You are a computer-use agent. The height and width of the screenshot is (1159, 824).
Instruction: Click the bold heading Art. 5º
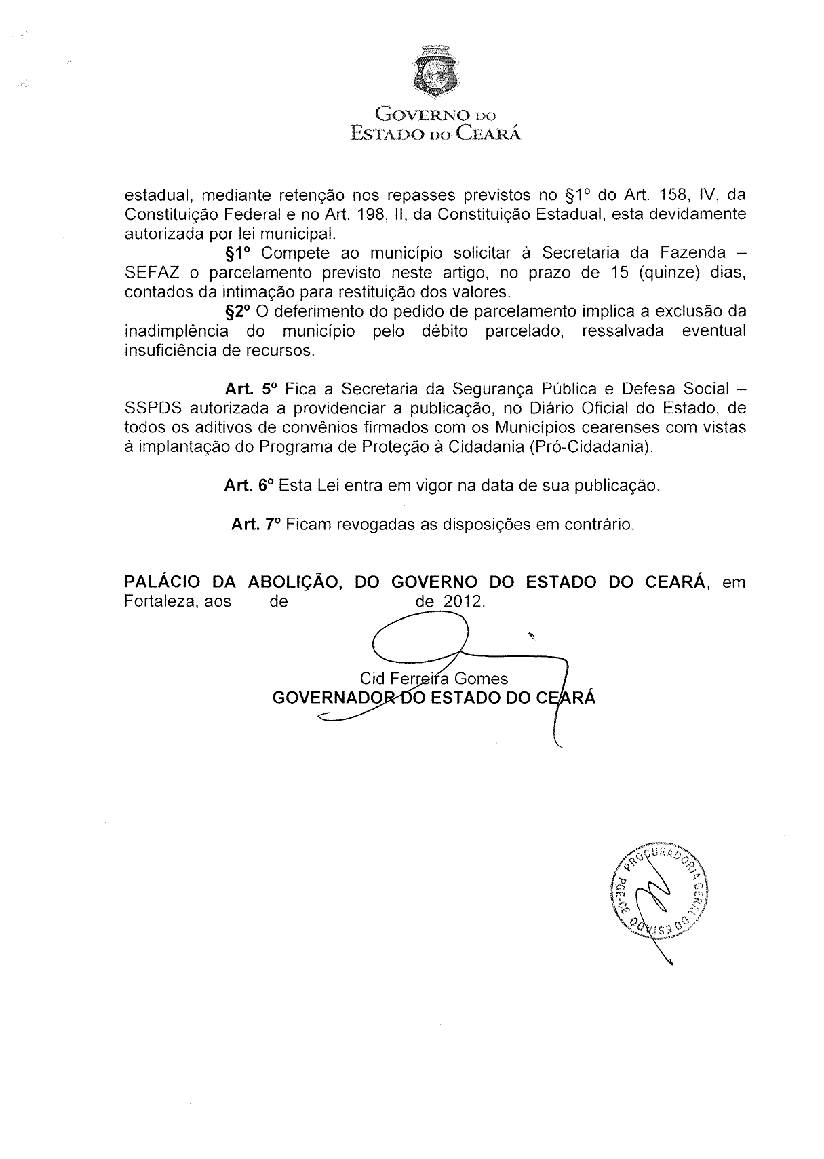(x=251, y=389)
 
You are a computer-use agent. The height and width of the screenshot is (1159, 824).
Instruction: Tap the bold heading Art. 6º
(x=248, y=486)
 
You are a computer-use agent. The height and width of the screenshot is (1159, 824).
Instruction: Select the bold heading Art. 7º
(x=256, y=525)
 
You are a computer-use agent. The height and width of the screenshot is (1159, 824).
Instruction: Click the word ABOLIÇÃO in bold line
(x=294, y=582)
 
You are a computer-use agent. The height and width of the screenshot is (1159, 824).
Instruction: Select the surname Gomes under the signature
(x=482, y=679)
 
